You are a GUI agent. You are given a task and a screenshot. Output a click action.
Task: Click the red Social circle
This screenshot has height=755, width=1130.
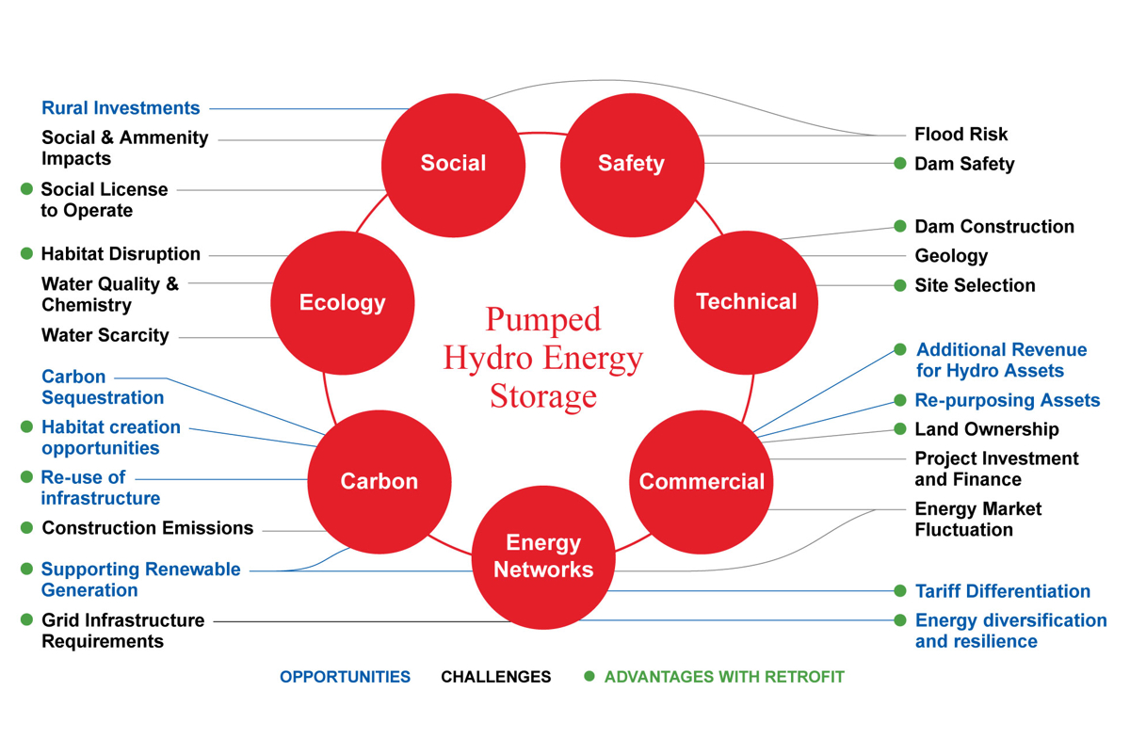453,164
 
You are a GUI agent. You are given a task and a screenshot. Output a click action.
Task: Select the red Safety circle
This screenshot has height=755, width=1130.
632,164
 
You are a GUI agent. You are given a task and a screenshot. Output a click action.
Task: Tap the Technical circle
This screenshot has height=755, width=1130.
747,302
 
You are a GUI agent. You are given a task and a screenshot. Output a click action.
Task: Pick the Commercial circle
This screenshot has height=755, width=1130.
702,481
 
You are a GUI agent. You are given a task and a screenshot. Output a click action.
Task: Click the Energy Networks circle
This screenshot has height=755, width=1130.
543,556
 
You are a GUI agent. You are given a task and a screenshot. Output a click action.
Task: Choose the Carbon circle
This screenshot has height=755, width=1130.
379,481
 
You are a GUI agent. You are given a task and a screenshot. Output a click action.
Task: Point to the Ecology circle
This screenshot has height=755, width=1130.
343,302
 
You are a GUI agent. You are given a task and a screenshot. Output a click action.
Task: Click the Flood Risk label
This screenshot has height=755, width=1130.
960,135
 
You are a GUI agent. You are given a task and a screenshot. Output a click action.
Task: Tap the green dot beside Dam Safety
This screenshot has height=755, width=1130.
900,164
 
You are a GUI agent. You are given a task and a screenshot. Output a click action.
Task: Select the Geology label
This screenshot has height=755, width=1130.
951,256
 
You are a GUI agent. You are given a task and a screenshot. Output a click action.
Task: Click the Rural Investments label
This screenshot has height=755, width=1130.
121,108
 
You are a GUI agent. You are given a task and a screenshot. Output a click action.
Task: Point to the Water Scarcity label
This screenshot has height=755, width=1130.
105,335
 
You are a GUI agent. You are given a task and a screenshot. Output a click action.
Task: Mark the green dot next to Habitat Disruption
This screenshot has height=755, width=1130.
27,254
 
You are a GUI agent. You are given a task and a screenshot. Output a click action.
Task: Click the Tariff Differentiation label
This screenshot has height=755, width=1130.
1002,591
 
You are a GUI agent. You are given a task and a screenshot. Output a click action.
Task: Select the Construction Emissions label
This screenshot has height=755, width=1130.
148,528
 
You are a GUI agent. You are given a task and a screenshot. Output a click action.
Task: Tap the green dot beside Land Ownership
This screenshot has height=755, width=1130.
900,429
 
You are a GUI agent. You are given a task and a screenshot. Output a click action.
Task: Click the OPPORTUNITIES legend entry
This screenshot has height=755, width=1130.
345,677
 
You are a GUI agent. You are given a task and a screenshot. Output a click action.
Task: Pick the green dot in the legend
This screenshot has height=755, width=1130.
589,676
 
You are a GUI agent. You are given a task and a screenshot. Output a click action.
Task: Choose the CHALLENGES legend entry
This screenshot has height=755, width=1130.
496,677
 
